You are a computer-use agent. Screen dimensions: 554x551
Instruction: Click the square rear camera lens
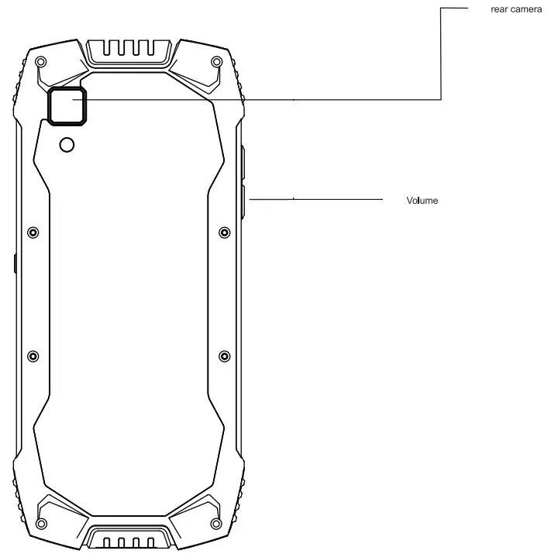[67, 105]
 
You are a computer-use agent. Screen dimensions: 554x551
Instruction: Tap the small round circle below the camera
[67, 145]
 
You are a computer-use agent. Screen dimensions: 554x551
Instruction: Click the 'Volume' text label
[422, 201]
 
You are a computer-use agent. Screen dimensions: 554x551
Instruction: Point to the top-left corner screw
[40, 61]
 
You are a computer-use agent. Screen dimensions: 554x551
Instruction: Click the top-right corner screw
[215, 61]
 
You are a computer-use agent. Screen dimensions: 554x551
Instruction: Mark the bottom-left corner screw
[40, 508]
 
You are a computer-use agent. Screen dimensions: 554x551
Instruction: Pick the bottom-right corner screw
[215, 508]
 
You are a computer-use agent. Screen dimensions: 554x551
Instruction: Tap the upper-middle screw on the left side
[33, 232]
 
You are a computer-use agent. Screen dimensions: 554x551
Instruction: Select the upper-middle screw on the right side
[224, 232]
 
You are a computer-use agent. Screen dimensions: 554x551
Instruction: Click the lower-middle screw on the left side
[33, 356]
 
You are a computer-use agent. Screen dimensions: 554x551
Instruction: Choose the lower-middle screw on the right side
[224, 356]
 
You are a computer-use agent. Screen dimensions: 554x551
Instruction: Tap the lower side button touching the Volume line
[242, 200]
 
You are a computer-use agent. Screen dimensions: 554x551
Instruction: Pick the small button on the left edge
[15, 263]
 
